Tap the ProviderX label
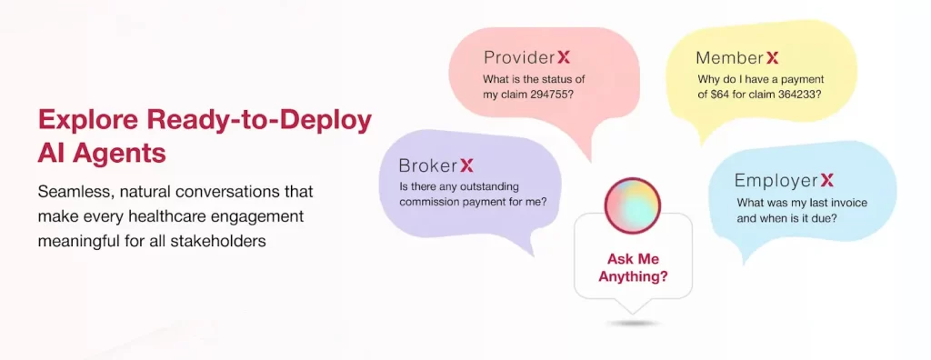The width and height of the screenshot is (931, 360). click(526, 57)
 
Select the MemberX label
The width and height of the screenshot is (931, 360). click(737, 58)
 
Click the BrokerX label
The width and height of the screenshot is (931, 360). click(436, 165)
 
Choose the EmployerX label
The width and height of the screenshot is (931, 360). click(784, 180)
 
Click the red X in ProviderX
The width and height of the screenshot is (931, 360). click(564, 57)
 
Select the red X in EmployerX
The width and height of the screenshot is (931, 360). click(826, 180)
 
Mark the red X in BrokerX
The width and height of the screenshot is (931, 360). click(466, 165)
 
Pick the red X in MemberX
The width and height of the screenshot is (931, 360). click(772, 58)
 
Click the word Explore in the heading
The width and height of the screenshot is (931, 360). click(83, 120)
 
